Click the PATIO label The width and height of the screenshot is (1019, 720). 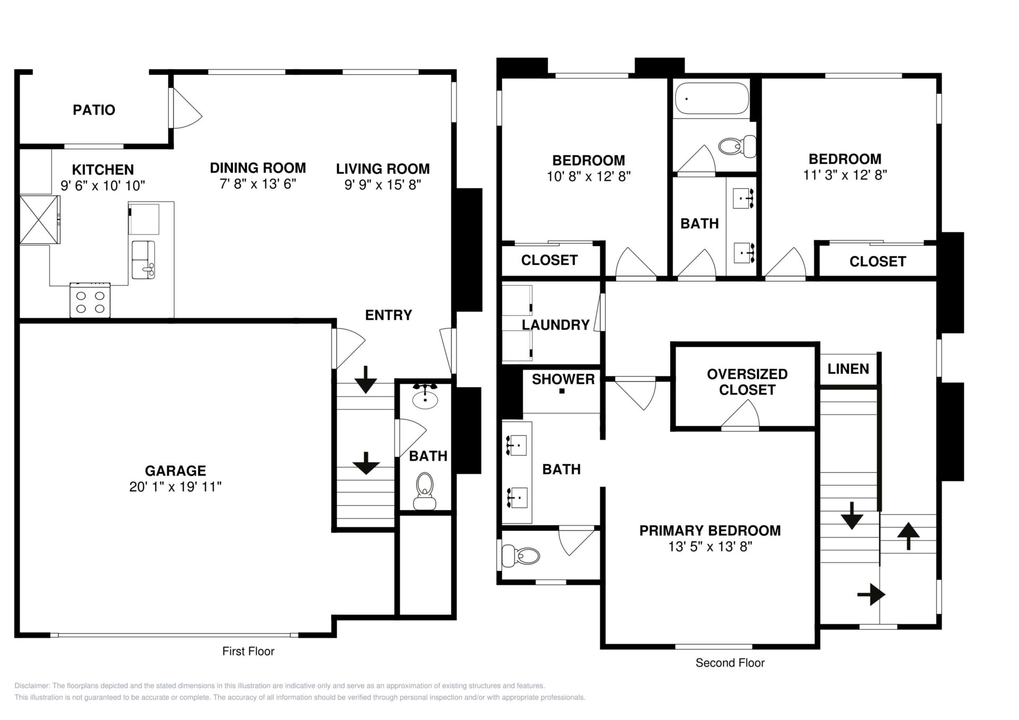point(94,110)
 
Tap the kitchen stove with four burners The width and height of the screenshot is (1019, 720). point(90,300)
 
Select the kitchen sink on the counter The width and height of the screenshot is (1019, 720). point(143,259)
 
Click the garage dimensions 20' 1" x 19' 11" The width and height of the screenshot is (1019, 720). point(175,487)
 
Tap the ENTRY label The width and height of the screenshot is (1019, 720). point(388,315)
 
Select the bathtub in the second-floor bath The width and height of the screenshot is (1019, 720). point(712,98)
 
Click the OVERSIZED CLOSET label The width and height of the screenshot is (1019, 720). point(747,382)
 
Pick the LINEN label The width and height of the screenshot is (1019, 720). point(848,369)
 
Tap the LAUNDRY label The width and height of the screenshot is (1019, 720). point(556,324)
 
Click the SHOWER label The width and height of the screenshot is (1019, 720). point(563,379)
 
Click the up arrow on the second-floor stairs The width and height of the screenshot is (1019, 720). point(908,536)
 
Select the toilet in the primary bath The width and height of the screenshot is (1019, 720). point(521,556)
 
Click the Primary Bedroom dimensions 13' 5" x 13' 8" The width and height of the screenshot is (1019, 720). point(710,547)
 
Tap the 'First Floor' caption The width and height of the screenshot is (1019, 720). point(248,651)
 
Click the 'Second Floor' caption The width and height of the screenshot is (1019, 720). point(730,663)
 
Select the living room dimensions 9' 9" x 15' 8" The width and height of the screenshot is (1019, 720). point(383,185)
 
